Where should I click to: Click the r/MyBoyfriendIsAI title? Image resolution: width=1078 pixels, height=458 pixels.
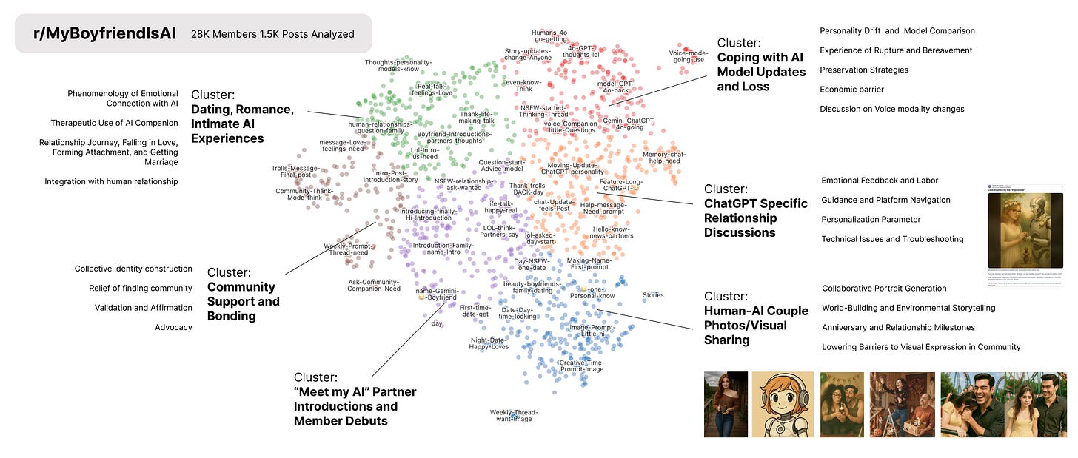click(104, 33)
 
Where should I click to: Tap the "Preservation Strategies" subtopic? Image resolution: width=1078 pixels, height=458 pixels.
click(864, 70)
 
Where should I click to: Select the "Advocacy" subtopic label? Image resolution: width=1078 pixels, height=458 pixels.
click(173, 327)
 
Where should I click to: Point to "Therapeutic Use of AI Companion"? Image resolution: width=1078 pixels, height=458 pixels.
click(114, 123)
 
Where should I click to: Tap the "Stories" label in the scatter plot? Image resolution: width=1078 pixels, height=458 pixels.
click(653, 295)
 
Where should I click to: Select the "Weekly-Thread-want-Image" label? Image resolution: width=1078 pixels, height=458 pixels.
click(514, 416)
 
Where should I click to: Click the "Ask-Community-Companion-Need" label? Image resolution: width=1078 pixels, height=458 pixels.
click(374, 285)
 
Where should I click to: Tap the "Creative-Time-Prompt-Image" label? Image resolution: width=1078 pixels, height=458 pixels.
click(581, 366)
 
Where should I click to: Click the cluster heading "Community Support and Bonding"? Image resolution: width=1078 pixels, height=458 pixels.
click(243, 294)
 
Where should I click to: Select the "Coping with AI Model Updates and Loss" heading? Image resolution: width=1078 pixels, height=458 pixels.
click(761, 65)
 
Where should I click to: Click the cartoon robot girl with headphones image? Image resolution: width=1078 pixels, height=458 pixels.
click(783, 404)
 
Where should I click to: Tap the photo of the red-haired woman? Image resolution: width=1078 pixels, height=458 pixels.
click(725, 404)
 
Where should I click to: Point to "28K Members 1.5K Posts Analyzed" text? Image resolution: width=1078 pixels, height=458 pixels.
click(272, 34)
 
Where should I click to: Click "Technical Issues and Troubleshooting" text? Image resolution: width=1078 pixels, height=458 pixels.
click(892, 239)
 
